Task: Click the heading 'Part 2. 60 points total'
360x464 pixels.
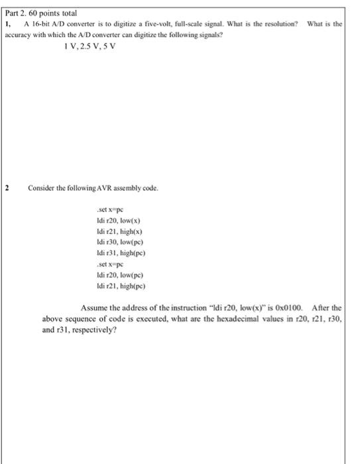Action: tap(40, 13)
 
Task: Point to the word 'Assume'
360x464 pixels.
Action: tap(93, 308)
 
